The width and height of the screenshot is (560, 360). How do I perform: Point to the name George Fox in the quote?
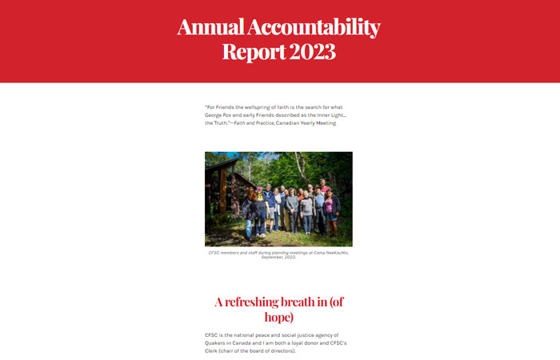[220, 115]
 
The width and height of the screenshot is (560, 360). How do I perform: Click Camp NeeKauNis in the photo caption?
[330, 252]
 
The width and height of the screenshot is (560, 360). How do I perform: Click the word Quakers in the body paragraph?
[217, 342]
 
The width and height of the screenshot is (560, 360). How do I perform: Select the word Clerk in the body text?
[213, 350]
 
